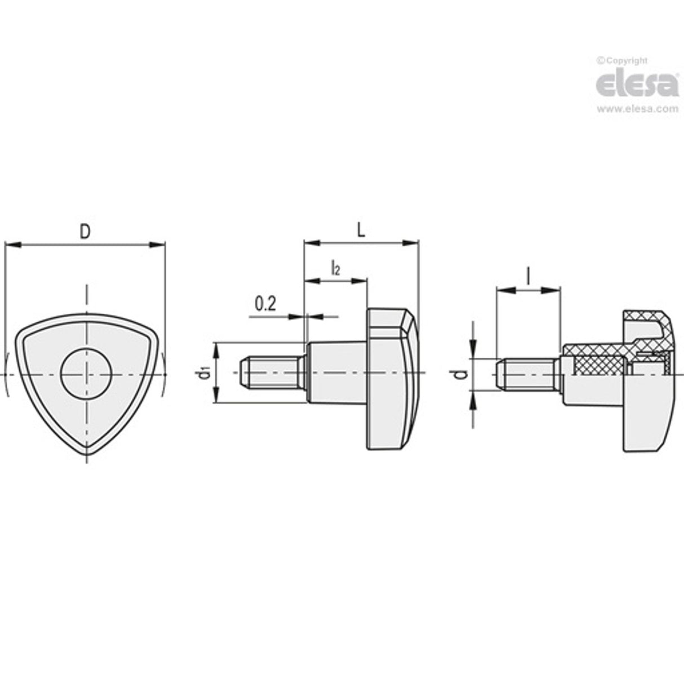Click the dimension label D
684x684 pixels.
(x=85, y=231)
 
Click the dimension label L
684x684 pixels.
(x=361, y=229)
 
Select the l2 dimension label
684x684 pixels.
(x=335, y=268)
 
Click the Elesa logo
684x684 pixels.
(x=637, y=85)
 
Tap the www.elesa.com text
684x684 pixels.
(x=637, y=109)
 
